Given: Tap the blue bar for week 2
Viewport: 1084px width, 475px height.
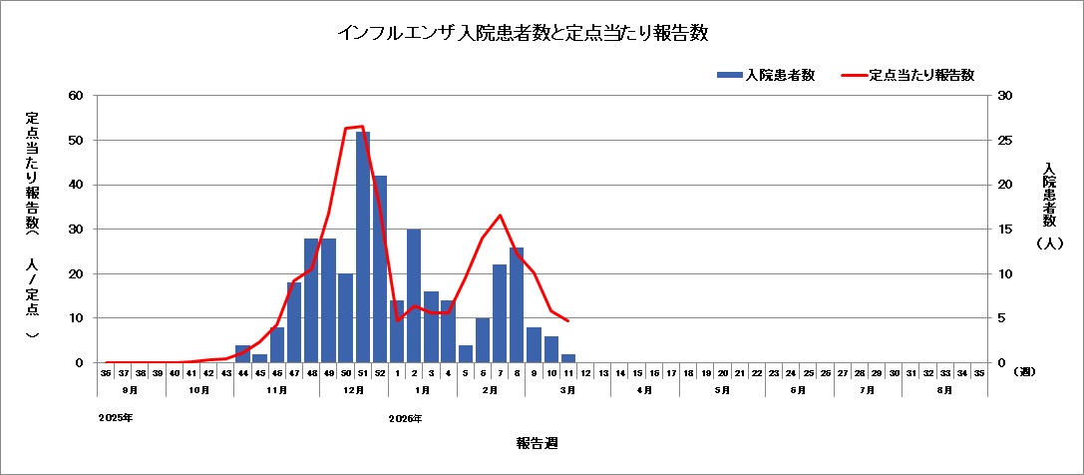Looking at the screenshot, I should (414, 296).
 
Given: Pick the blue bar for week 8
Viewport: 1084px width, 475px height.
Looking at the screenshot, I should (517, 305).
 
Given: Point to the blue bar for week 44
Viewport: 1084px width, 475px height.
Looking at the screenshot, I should (242, 354).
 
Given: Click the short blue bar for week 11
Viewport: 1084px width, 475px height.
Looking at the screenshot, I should (568, 358).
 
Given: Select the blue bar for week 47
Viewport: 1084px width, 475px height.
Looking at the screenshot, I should (294, 322).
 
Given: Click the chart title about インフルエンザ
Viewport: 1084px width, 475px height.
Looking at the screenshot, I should (523, 33).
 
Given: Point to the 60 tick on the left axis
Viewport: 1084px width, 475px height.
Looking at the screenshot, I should (75, 96).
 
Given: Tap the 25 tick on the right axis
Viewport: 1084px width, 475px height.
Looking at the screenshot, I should (1004, 141).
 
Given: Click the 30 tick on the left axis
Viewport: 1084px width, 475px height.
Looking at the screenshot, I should (75, 230).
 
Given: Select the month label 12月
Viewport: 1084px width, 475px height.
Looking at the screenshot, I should (354, 390).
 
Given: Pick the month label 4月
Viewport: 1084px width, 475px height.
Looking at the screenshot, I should (645, 390).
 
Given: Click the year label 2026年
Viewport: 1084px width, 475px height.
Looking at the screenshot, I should (406, 418).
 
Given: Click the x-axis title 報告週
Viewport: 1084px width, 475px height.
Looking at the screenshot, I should (531, 442).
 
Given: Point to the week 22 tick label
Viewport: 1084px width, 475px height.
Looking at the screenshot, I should (757, 372).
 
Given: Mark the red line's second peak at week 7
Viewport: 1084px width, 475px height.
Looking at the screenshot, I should (500, 216).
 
